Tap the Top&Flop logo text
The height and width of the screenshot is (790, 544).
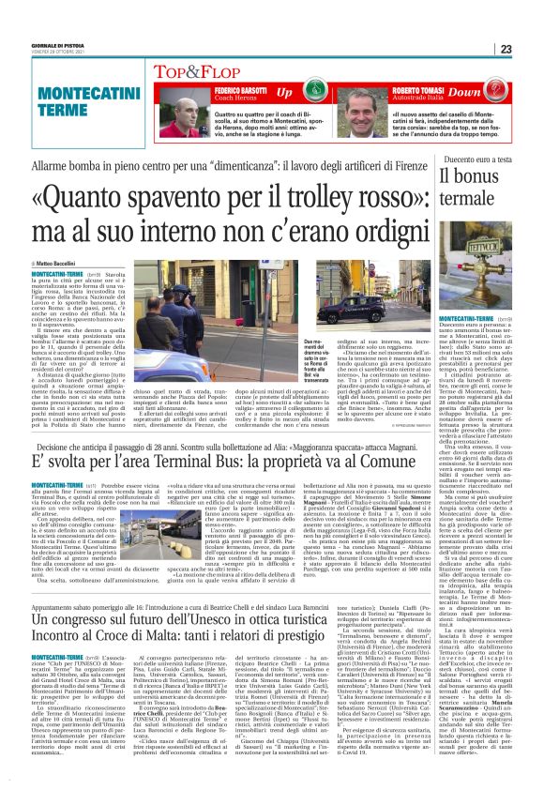click(180, 70)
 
